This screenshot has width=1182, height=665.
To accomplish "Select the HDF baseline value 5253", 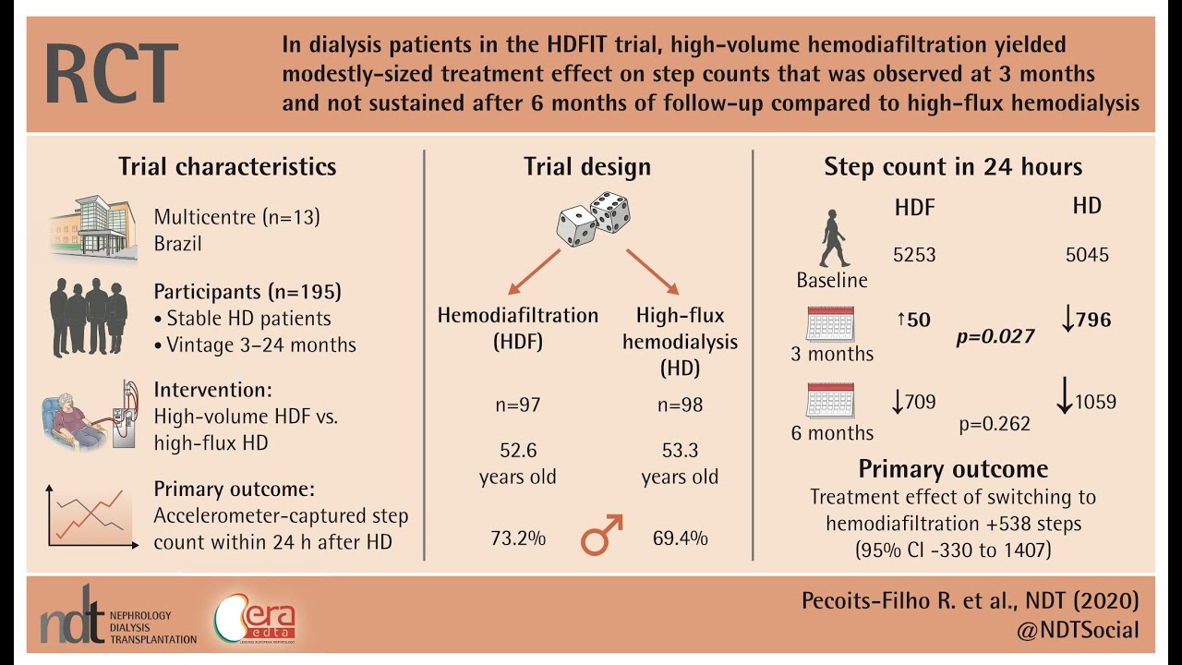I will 914,255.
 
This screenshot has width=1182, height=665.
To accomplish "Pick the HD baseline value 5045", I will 1087,255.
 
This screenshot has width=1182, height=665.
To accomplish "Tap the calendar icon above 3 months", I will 829,323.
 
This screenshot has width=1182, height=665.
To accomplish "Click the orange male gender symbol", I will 601,535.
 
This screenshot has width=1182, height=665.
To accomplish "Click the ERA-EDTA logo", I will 255,620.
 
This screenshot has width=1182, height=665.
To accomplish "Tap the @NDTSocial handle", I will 1070,630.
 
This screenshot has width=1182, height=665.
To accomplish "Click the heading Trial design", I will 587,167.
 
